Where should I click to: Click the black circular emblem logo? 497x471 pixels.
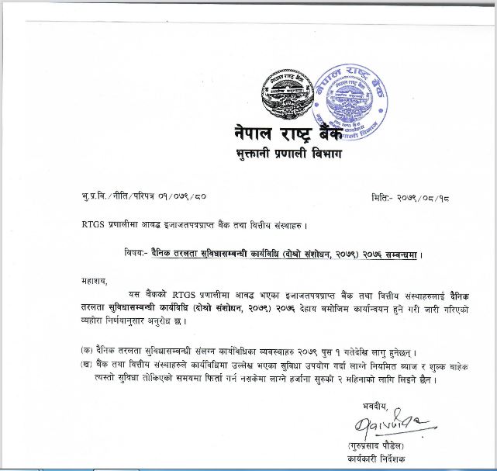[x=286, y=92]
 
